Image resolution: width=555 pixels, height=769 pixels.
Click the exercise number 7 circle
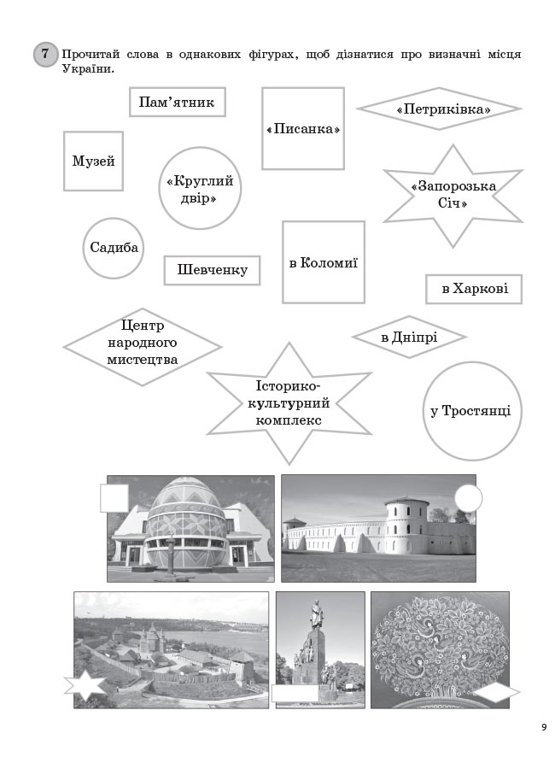pyautogui.click(x=45, y=54)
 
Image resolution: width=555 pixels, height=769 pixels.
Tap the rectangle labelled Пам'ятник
pyautogui.click(x=178, y=102)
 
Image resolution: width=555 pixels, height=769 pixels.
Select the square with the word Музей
pyautogui.click(x=93, y=161)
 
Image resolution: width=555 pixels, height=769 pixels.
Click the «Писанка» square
pyautogui.click(x=303, y=128)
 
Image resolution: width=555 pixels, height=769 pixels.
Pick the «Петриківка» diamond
pyautogui.click(x=439, y=109)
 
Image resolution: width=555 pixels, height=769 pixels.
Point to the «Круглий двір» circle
pyautogui.click(x=200, y=188)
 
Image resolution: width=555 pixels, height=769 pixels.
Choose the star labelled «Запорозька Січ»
pyautogui.click(x=453, y=195)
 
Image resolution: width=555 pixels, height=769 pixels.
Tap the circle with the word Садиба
pyautogui.click(x=114, y=248)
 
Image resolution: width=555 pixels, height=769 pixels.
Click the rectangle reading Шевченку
pyautogui.click(x=212, y=270)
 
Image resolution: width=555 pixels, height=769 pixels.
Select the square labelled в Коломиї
pyautogui.click(x=324, y=262)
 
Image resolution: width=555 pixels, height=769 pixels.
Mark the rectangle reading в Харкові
pyautogui.click(x=474, y=289)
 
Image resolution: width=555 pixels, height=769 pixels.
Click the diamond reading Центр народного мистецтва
pyautogui.click(x=143, y=347)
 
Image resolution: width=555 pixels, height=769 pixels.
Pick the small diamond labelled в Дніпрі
pyautogui.click(x=409, y=337)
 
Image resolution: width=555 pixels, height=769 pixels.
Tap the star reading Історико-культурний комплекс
pyautogui.click(x=289, y=403)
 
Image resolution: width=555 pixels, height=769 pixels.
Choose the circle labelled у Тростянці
pyautogui.click(x=472, y=411)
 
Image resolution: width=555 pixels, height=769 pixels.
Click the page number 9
pyautogui.click(x=544, y=727)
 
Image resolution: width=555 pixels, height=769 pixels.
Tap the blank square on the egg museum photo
pyautogui.click(x=114, y=498)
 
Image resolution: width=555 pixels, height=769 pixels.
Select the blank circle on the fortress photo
pyautogui.click(x=468, y=499)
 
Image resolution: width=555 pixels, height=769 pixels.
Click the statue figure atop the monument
pyautogui.click(x=317, y=613)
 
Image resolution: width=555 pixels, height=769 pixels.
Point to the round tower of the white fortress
pyautogui.click(x=407, y=525)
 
